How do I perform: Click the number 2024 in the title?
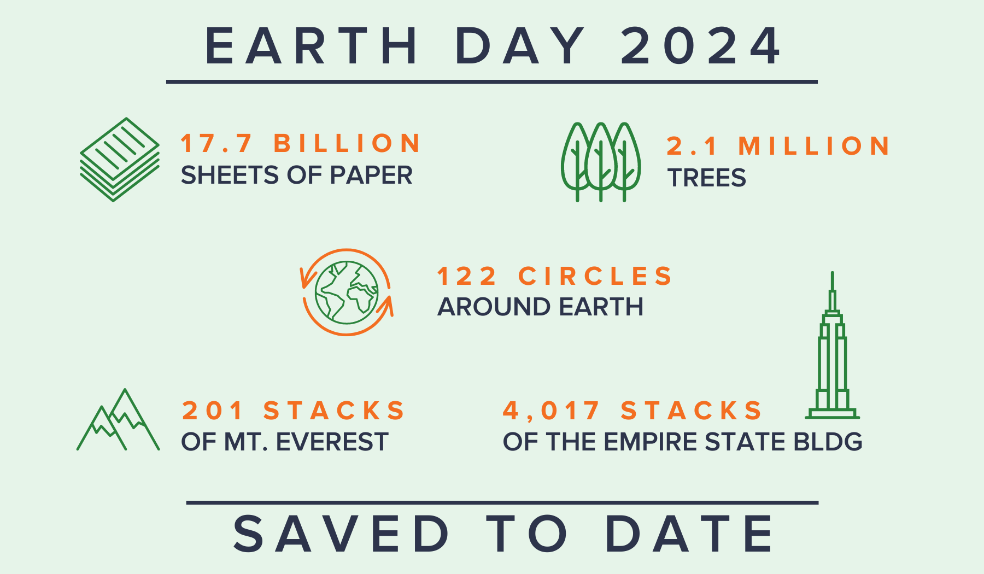[x=701, y=46]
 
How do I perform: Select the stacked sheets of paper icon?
[x=120, y=160]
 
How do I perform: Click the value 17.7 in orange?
[x=216, y=143]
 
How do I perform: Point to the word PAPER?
[x=371, y=175]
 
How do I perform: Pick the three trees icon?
[x=601, y=162]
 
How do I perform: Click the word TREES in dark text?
[x=706, y=178]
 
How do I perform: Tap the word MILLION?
[x=815, y=146]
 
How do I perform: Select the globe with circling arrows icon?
[x=347, y=292]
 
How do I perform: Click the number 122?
[x=467, y=276]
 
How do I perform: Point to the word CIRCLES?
[x=595, y=276]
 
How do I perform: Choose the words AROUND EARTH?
[x=540, y=307]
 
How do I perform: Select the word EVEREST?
[x=332, y=442]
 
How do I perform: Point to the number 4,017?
[x=551, y=411]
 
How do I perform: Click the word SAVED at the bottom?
[x=342, y=534]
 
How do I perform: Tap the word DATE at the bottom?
[x=689, y=534]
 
